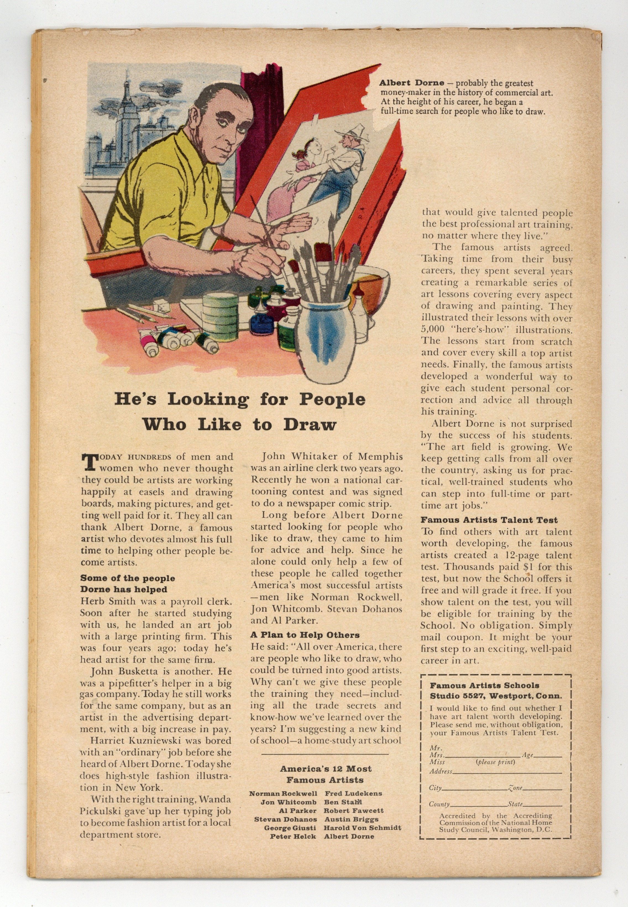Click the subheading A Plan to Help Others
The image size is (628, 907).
pos(305,635)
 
